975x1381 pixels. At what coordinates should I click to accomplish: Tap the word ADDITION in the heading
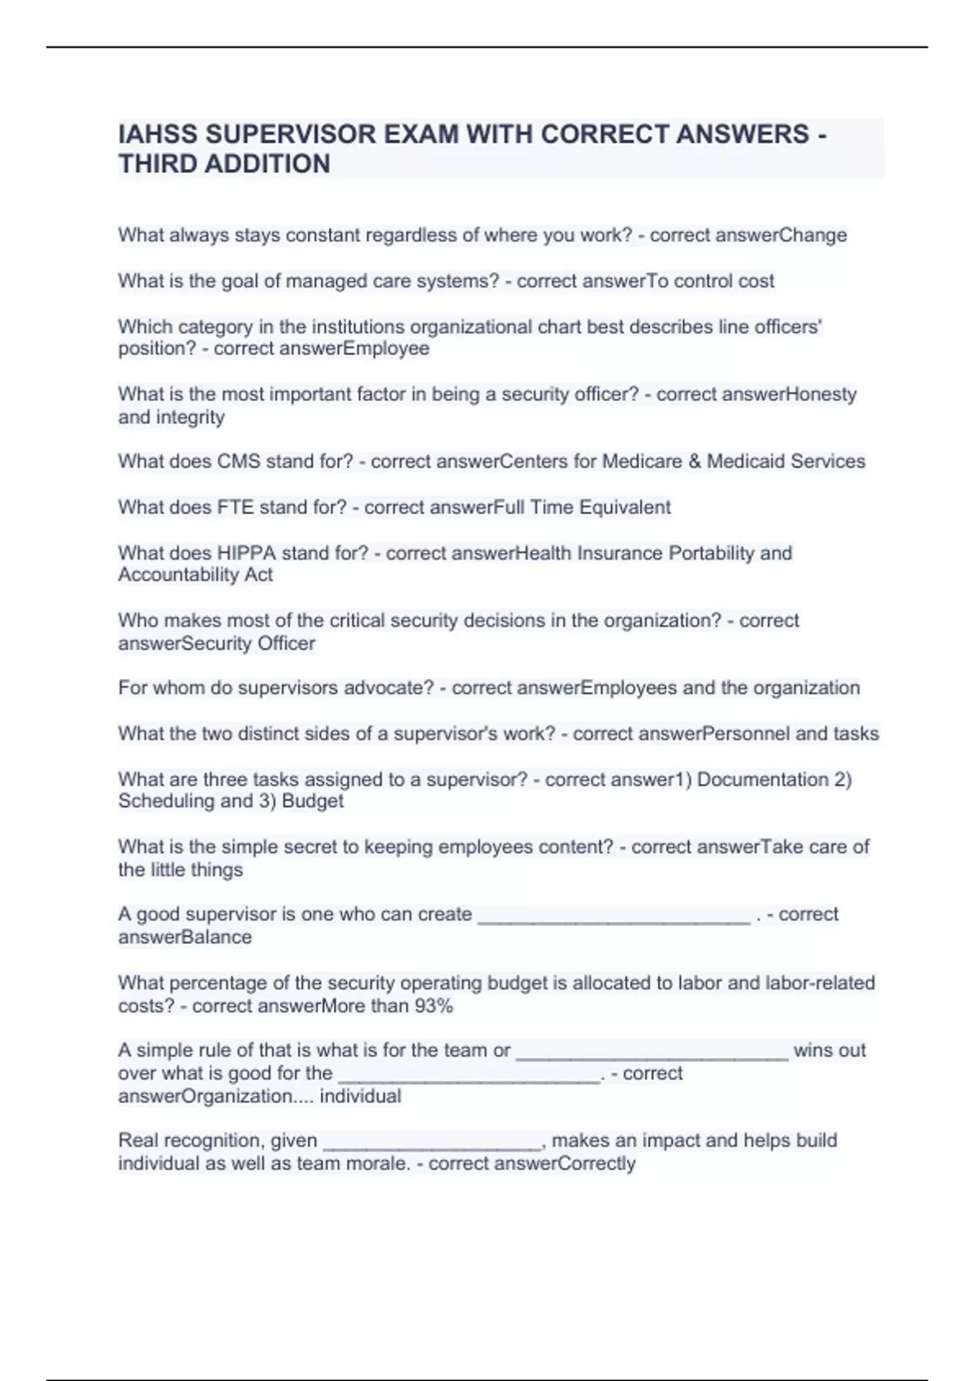click(267, 164)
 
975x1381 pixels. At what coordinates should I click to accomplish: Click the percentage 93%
click(433, 1006)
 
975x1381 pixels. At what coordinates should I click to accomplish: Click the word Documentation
click(762, 780)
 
